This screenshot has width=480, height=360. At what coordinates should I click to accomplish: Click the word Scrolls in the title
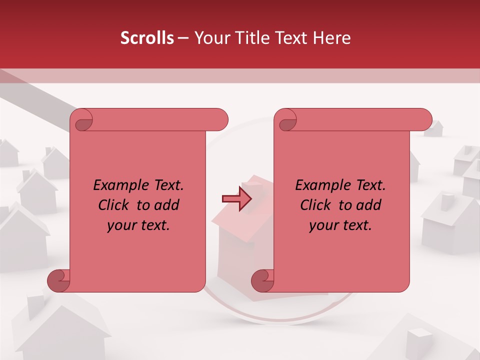pos(147,38)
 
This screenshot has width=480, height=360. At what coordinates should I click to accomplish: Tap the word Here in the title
pos(331,38)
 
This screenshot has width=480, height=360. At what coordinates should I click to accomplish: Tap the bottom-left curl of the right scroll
pos(263,280)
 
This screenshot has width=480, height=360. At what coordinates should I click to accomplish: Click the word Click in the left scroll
pos(113,205)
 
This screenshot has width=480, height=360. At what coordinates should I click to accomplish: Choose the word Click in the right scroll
pos(315,205)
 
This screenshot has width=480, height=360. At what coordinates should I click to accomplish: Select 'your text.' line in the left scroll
pos(138,225)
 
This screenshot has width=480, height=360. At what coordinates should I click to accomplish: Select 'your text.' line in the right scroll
pos(340,225)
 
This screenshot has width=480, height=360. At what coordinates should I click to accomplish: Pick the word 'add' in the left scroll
pos(167,205)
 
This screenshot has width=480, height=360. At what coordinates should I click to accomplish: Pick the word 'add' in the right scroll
pos(369,205)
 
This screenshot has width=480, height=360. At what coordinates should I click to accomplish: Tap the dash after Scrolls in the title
pos(183,38)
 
